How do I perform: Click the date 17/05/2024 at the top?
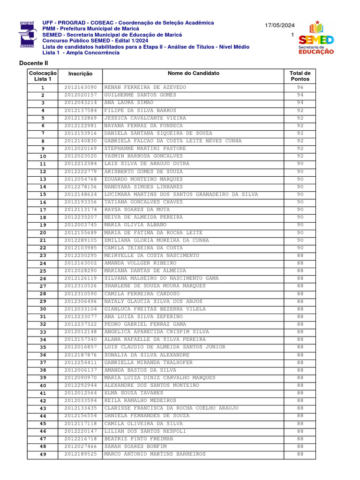(280, 25)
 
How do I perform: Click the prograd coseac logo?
(27, 35)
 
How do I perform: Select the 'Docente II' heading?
(34, 63)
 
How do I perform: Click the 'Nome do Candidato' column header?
(193, 73)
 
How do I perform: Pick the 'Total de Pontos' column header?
(300, 76)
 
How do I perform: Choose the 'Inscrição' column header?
(80, 74)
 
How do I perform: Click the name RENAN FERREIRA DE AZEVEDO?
(145, 88)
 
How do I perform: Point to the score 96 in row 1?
(300, 88)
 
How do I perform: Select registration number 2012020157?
(80, 95)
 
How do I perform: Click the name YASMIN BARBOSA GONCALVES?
(143, 156)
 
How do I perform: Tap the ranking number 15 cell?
(43, 195)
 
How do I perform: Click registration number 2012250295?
(80, 255)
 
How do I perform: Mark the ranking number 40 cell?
(43, 386)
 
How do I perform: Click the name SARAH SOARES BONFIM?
(135, 447)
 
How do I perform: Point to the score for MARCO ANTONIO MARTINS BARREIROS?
(300, 454)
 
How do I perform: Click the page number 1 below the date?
(292, 35)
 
